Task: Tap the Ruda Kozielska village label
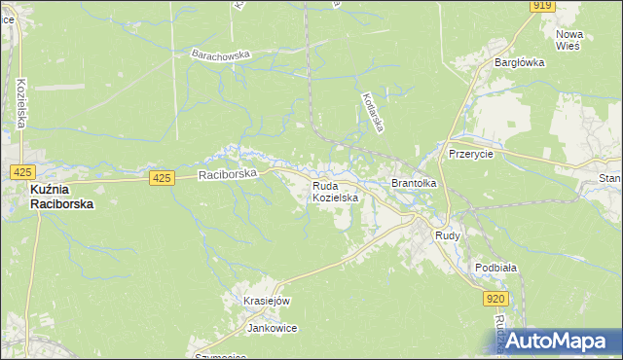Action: click(x=336, y=191)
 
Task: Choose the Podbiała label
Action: click(x=495, y=268)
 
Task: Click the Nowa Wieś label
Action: click(x=568, y=40)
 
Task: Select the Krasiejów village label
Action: click(x=268, y=302)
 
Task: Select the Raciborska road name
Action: click(x=227, y=175)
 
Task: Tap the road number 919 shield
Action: click(x=544, y=6)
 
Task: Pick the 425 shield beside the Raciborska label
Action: click(x=163, y=178)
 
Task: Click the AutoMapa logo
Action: click(x=552, y=342)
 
